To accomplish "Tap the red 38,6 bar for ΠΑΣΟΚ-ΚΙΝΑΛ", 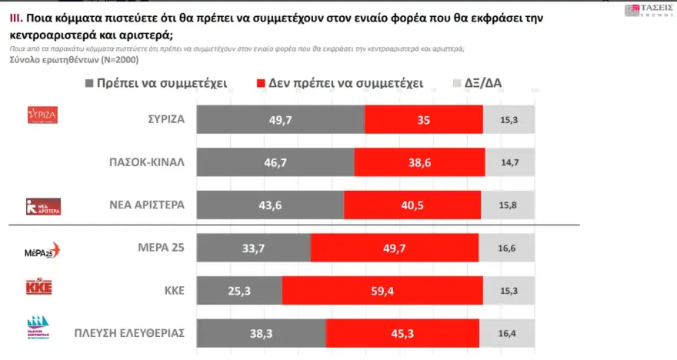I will tap(418, 164).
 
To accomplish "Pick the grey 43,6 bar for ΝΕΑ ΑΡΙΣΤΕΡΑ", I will tap(271, 206).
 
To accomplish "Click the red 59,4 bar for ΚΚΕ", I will tap(382, 290).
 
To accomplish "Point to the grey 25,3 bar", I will tap(240, 290).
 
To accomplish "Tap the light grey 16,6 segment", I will tap(506, 248).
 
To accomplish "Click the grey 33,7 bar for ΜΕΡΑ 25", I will tap(254, 248).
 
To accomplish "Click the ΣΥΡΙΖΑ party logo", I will tap(43, 115).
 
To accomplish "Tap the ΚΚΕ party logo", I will tap(38, 288).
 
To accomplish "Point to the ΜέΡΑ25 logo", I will tap(43, 251).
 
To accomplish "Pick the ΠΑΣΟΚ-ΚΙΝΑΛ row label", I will tap(145, 164).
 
